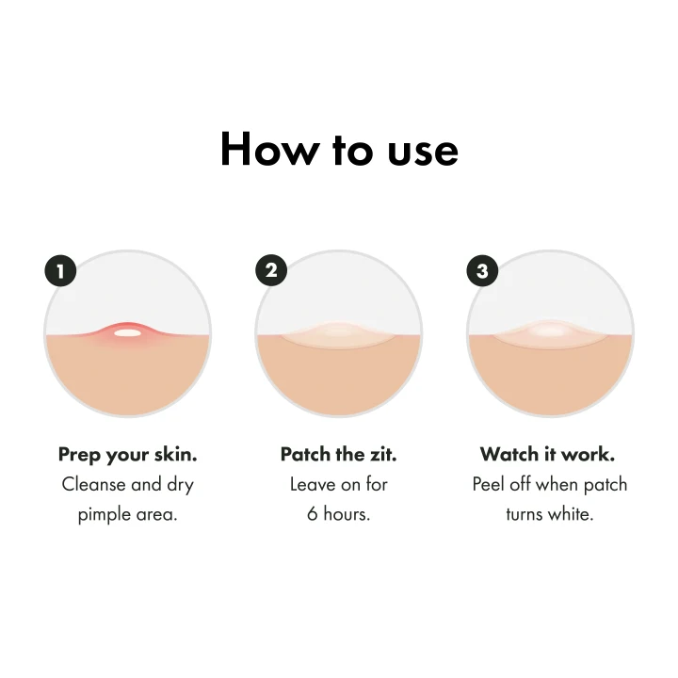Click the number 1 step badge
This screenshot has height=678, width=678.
(x=60, y=271)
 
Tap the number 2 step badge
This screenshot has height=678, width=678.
(x=271, y=270)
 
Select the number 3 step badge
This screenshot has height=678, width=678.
(x=482, y=270)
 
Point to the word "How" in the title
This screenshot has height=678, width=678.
(x=269, y=149)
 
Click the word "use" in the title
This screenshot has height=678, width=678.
(x=423, y=153)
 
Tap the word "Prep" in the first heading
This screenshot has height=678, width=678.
(x=79, y=456)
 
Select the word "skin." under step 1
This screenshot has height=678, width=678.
(x=176, y=454)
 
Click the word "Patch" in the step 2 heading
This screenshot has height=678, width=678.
(x=305, y=454)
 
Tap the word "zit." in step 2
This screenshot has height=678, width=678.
(x=382, y=454)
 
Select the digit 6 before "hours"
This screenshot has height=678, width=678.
(x=313, y=514)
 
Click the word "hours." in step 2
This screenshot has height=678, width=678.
(x=347, y=514)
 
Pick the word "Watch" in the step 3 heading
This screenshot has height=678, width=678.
(x=509, y=454)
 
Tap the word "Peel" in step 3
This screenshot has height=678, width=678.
(x=488, y=484)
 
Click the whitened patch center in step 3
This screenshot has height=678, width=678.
(x=550, y=331)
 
